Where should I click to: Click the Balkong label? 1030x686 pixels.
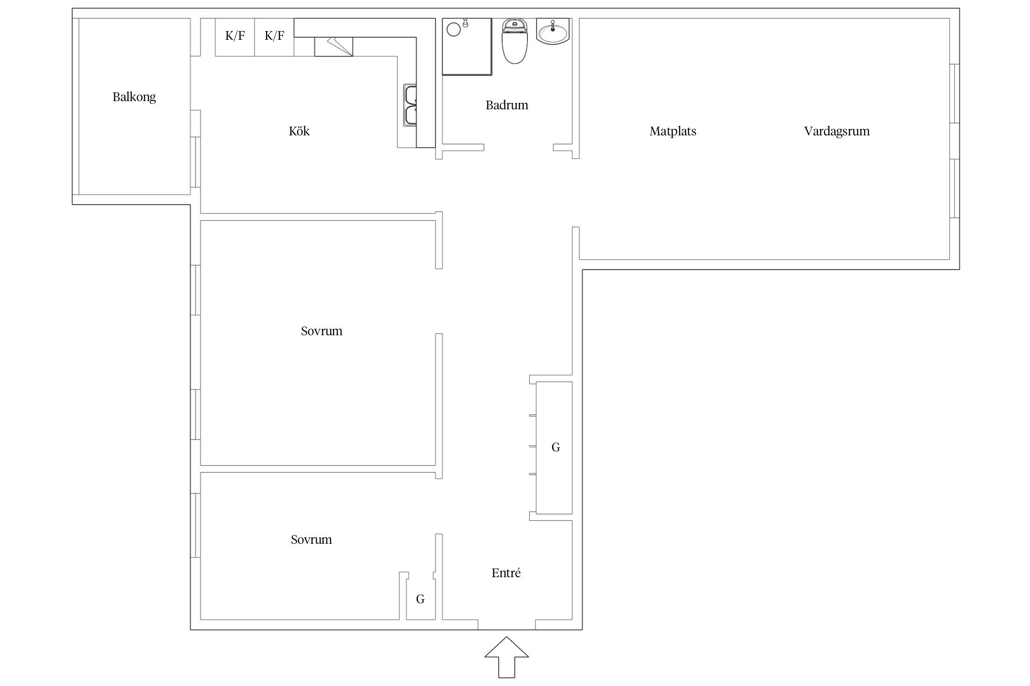[x=134, y=97]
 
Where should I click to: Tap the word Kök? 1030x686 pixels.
[x=299, y=131]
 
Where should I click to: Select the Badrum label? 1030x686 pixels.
[x=507, y=105]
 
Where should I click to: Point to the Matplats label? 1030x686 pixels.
[x=673, y=131]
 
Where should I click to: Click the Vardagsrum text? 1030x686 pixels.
[x=837, y=131]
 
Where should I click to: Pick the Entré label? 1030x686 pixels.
[x=506, y=573]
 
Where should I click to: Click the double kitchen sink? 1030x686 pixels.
[x=410, y=105]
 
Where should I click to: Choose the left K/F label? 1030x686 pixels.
[x=235, y=36]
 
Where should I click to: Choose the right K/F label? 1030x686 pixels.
[x=274, y=36]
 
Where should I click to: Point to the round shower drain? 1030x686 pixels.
[x=453, y=30]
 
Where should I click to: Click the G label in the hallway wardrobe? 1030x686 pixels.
[x=555, y=447]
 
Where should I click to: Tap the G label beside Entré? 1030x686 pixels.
[x=420, y=599]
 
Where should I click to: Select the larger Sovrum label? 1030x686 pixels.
[x=321, y=331]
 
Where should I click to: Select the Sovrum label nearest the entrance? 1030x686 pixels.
[x=311, y=540]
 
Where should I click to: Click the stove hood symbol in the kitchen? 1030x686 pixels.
[x=334, y=47]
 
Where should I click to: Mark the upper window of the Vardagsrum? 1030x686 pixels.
[x=954, y=94]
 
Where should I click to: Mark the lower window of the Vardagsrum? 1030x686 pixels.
[x=954, y=188]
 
